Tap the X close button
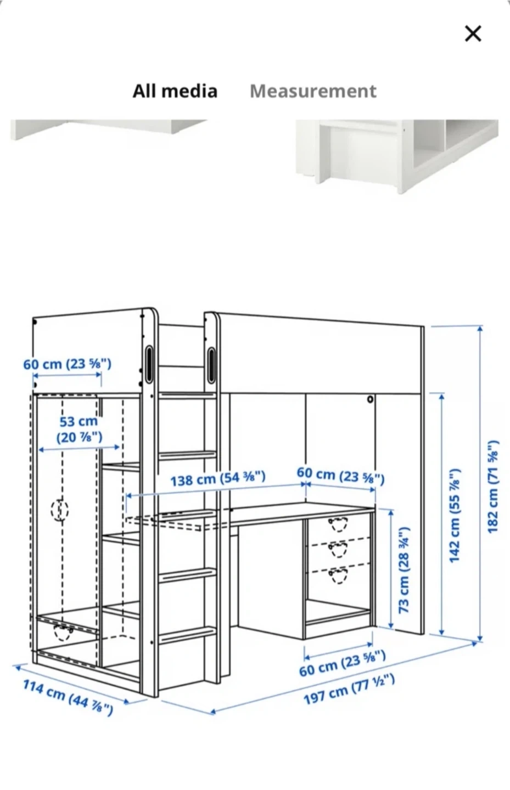tap(473, 34)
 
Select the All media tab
tap(175, 91)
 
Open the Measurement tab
tap(313, 91)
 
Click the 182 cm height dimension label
tap(492, 487)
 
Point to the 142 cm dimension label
tap(454, 515)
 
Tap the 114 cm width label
tap(68, 692)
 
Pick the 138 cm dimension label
tap(218, 479)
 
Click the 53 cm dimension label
tap(79, 429)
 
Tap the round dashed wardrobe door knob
tap(60, 509)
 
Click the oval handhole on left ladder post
tap(149, 363)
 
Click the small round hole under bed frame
tap(370, 399)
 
